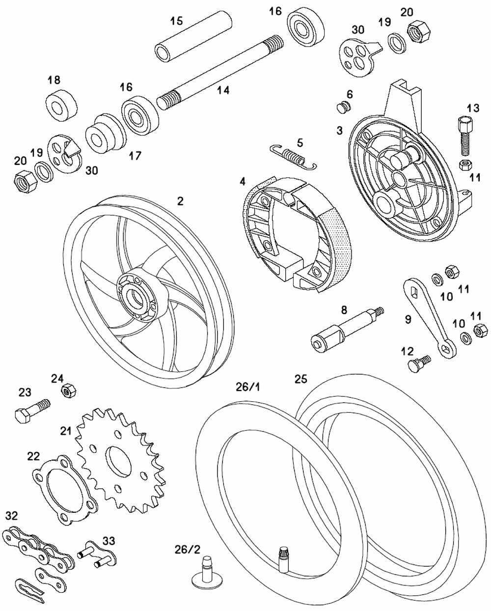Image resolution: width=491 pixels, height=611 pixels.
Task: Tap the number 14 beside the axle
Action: tap(223, 90)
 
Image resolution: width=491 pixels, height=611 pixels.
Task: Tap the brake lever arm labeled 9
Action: tap(429, 317)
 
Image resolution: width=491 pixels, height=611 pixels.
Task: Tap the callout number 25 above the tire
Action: tap(300, 379)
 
